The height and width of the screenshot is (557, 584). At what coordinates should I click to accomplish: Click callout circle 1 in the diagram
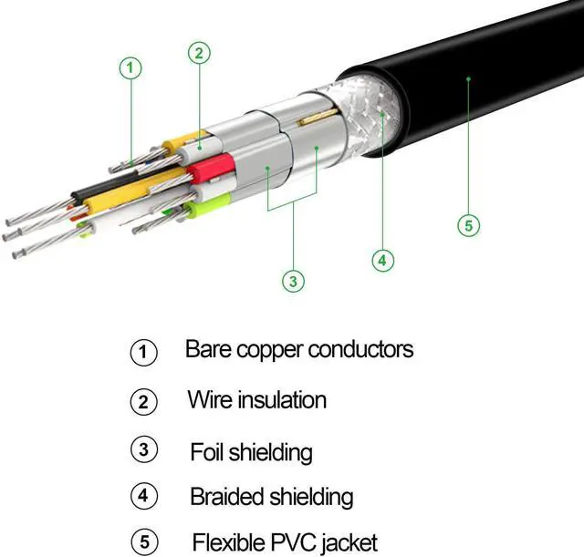pos(132,67)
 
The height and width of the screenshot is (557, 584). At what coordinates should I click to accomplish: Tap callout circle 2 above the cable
pos(199,52)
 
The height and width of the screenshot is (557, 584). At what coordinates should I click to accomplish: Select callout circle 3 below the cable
pos(293,282)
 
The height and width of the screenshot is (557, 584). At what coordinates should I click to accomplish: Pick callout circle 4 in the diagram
pos(383,260)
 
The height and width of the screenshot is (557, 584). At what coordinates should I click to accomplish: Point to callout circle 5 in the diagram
pos(468,225)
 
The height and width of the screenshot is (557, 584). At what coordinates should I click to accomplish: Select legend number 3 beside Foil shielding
pos(144,449)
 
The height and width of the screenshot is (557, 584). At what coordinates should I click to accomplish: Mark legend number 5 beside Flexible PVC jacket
pos(144,542)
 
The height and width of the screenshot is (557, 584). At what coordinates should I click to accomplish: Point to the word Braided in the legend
pos(225,497)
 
